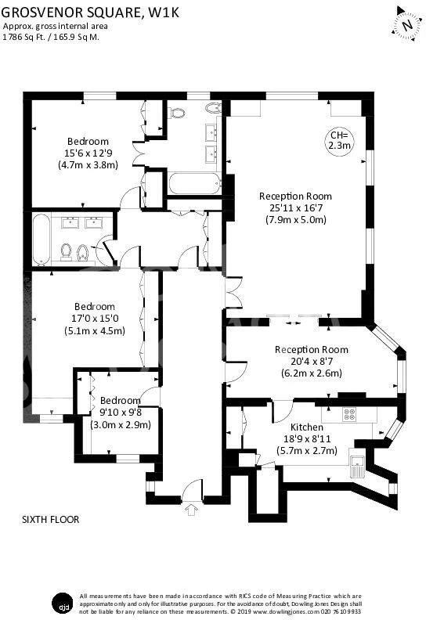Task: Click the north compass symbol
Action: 406,24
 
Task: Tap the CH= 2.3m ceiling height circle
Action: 339,140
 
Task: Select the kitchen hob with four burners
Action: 349,413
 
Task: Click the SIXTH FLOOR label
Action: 51,519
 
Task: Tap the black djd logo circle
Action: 63,604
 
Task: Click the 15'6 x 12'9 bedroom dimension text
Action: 88,153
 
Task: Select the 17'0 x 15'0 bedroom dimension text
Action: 95,319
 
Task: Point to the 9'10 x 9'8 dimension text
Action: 121,413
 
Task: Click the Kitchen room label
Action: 307,427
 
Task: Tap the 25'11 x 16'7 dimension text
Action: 296,207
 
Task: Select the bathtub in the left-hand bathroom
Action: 42,240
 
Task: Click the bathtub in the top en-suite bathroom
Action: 194,184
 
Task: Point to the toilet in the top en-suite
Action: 178,113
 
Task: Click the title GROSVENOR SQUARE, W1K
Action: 90,12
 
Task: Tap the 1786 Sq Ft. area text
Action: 24,37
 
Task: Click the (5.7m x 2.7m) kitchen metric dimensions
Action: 306,450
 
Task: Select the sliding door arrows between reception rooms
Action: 293,323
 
